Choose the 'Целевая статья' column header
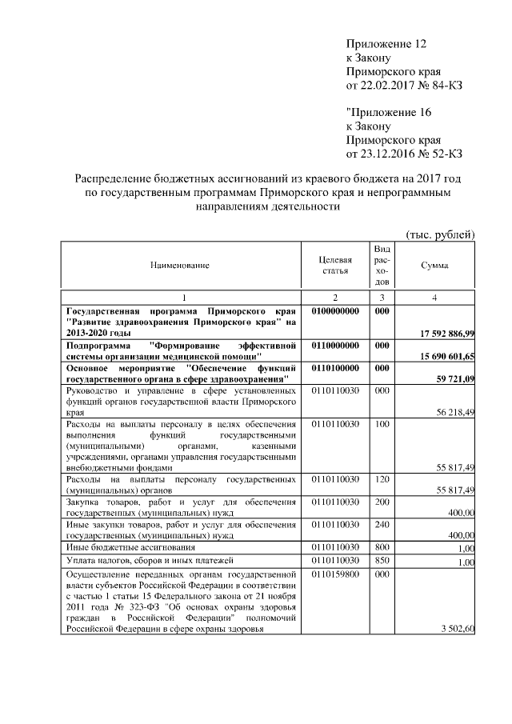click(335, 265)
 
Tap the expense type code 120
click(382, 478)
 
